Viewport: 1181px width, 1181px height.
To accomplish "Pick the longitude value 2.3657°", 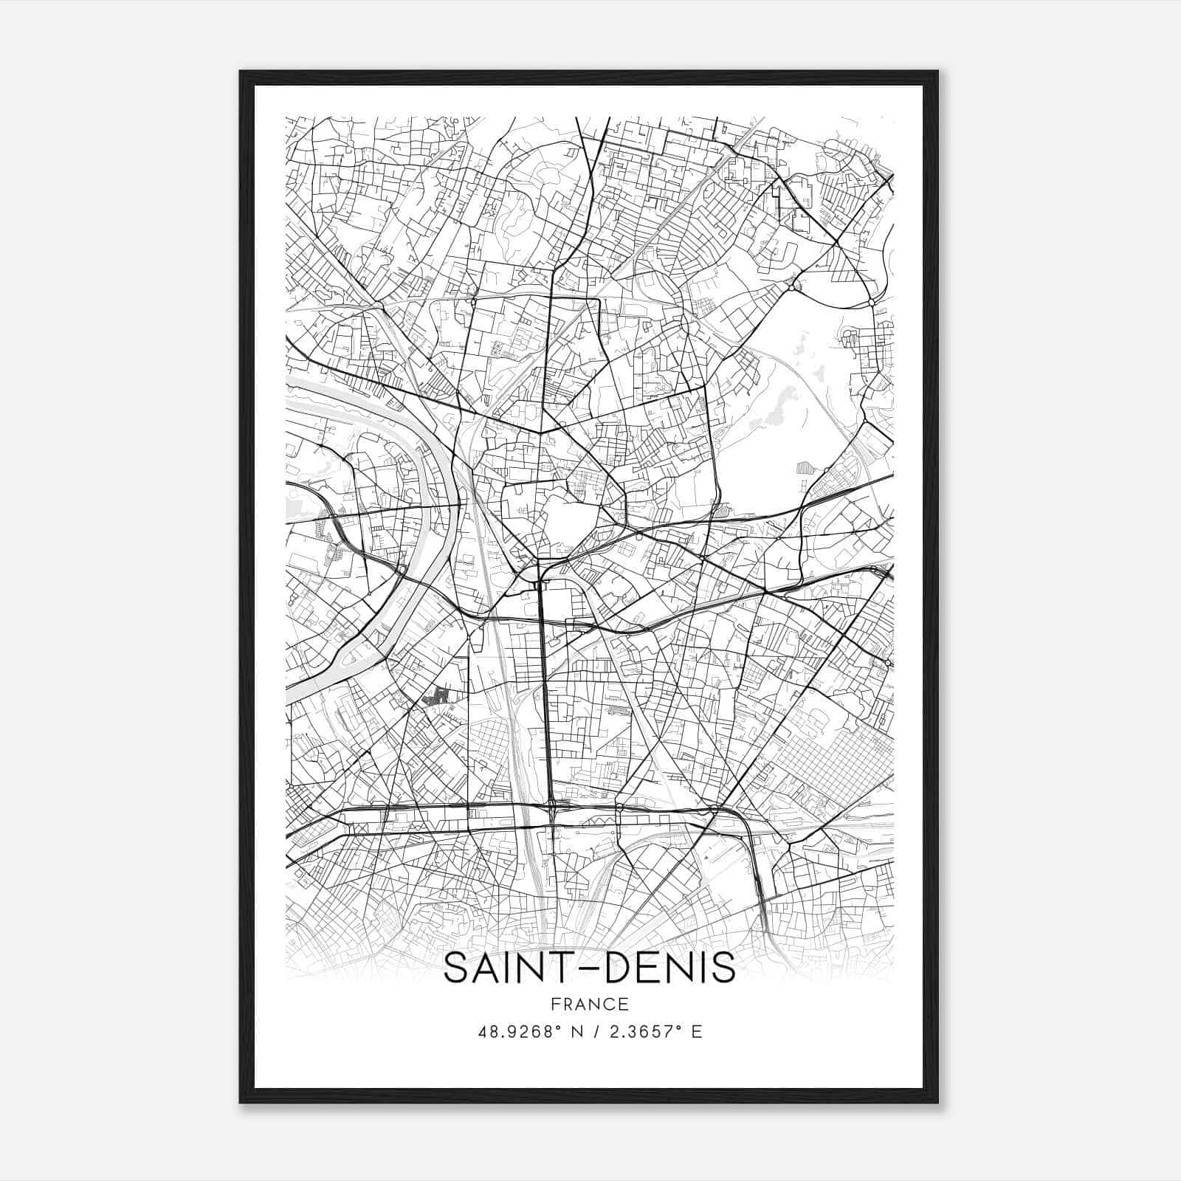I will point(644,1031).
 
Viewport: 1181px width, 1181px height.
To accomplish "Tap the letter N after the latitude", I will point(580,1031).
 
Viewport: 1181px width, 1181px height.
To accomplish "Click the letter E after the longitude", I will point(696,1031).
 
